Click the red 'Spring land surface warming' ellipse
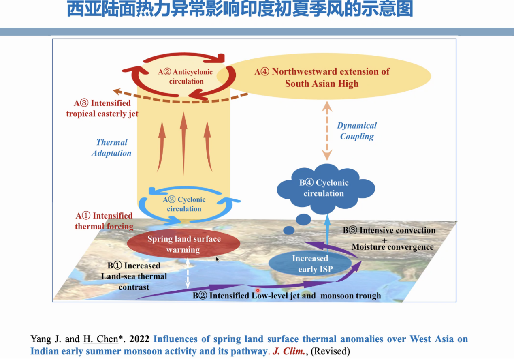pyautogui.click(x=183, y=244)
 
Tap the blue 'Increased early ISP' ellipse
pyautogui.click(x=310, y=264)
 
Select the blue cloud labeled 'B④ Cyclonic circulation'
pyautogui.click(x=324, y=188)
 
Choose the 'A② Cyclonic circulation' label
pyautogui.click(x=184, y=204)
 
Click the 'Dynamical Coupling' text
pyautogui.click(x=357, y=131)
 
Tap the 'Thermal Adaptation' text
pyautogui.click(x=111, y=148)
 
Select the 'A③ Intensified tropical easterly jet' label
pyautogui.click(x=102, y=108)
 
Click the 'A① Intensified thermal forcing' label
pyautogui.click(x=104, y=221)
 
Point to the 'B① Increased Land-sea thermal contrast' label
pyautogui.click(x=134, y=276)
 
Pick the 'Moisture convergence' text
pyautogui.click(x=392, y=246)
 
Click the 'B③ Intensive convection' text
pyautogui.click(x=389, y=230)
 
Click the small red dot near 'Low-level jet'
pyautogui.click(x=257, y=290)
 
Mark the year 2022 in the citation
pyautogui.click(x=140, y=339)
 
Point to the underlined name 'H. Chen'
pyautogui.click(x=100, y=339)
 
